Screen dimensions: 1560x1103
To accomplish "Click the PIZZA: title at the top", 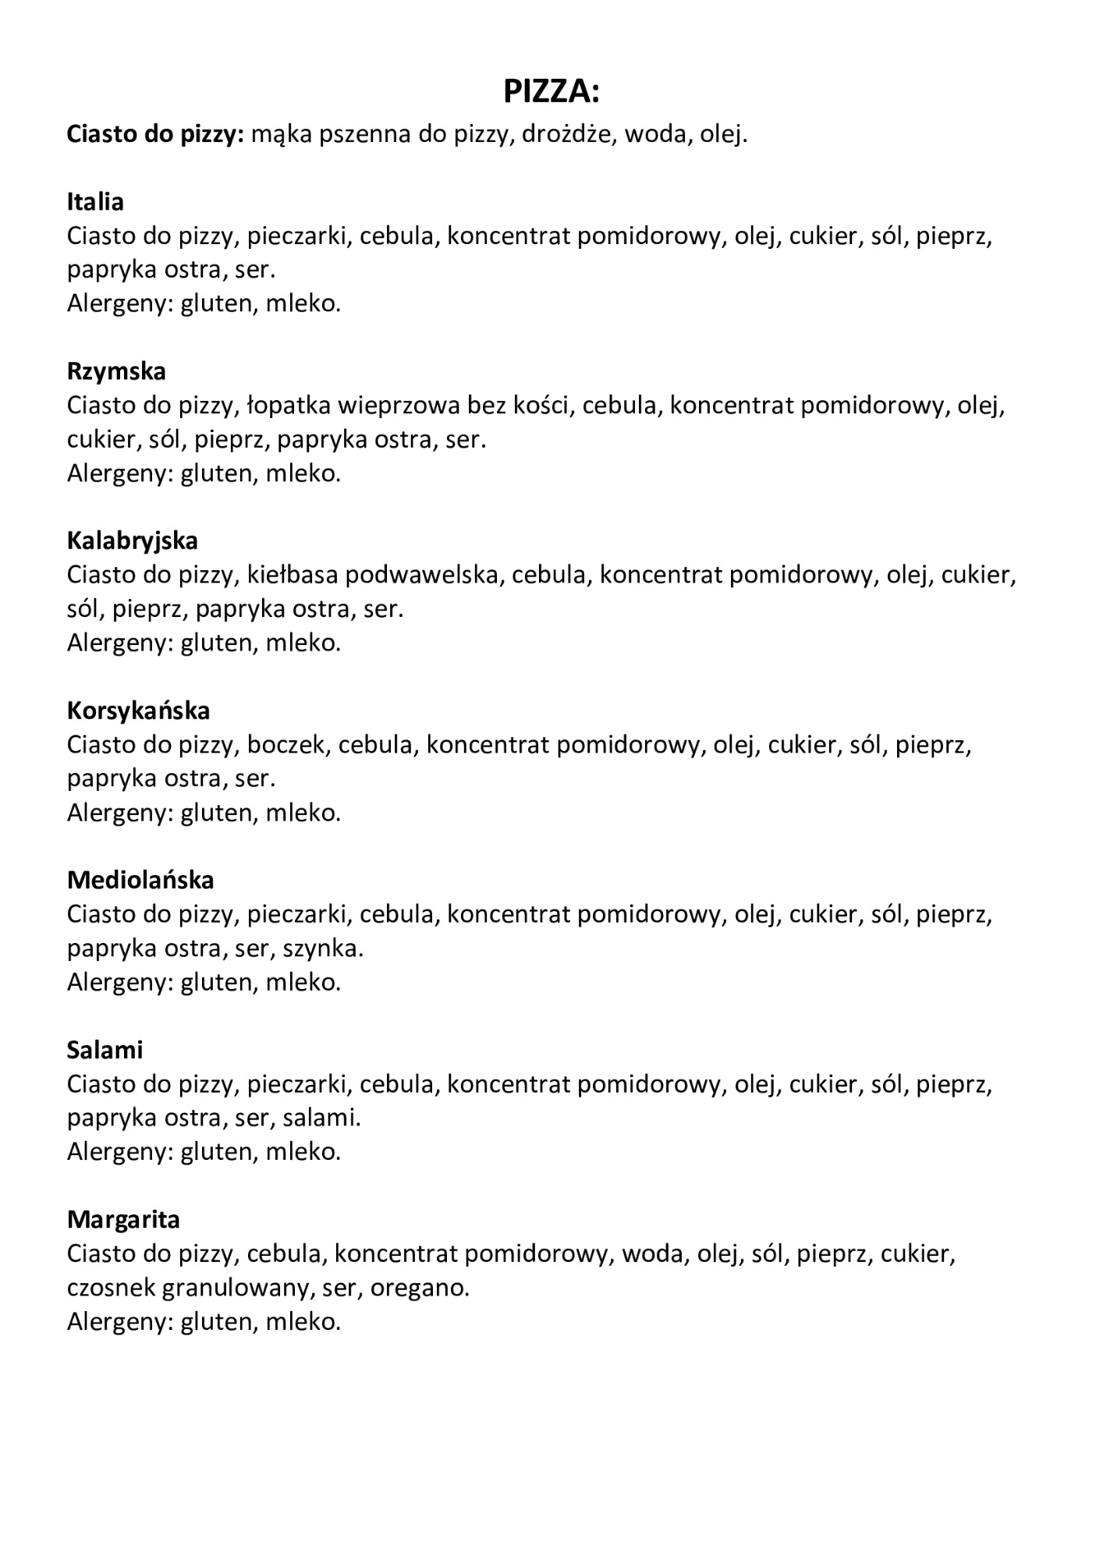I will (551, 92).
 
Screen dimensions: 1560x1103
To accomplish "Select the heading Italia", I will (95, 202).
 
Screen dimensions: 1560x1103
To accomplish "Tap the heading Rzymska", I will (116, 371).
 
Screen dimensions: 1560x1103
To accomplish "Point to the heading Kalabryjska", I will (132, 541).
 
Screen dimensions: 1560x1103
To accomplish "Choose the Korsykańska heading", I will (138, 711).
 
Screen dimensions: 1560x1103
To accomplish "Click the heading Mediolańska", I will (140, 880).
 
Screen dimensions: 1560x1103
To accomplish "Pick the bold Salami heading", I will (105, 1050).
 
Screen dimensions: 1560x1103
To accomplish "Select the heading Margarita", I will (123, 1219).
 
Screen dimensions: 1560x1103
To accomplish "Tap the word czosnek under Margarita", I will (111, 1287).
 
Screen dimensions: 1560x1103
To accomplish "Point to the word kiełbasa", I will (293, 575).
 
